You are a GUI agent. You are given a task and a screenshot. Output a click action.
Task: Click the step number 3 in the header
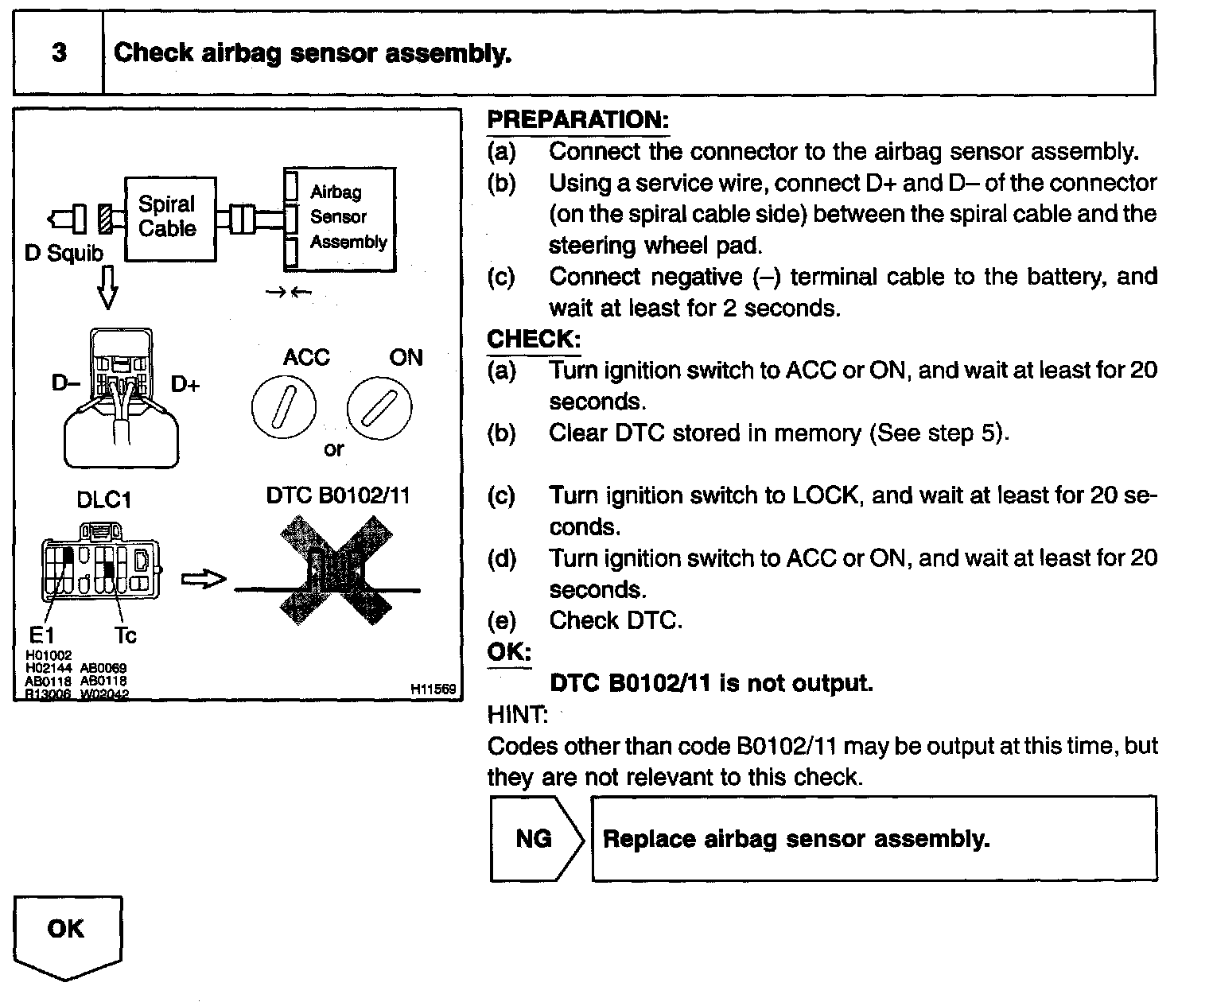click(x=59, y=53)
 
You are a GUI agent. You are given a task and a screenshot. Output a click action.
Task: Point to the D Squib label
click(x=64, y=253)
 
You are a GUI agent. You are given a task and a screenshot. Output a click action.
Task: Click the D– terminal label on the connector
click(x=66, y=383)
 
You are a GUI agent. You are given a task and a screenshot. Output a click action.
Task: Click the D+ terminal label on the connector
click(x=185, y=385)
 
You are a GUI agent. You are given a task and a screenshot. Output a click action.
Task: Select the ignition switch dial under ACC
click(x=284, y=408)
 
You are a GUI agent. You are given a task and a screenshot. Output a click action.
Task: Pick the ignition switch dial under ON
click(x=379, y=408)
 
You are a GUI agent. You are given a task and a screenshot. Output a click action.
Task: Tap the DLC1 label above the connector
click(x=103, y=500)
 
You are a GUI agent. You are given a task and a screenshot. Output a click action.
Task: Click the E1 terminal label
click(x=41, y=635)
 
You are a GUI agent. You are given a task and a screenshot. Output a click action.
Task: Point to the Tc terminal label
click(x=126, y=635)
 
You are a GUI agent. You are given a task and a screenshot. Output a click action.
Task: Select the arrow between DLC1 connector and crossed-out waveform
click(x=204, y=580)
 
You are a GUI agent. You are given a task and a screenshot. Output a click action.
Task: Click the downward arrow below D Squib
click(x=107, y=288)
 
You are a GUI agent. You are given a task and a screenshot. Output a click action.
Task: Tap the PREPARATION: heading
click(x=577, y=120)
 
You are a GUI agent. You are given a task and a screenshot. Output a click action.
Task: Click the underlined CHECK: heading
click(x=534, y=340)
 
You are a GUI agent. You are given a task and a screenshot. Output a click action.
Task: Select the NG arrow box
click(x=535, y=839)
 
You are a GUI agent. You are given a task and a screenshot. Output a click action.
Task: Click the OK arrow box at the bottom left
click(x=68, y=935)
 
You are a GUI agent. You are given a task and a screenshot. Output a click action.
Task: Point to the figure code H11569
click(x=433, y=689)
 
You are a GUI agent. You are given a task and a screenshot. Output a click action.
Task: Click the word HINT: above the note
click(x=517, y=714)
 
